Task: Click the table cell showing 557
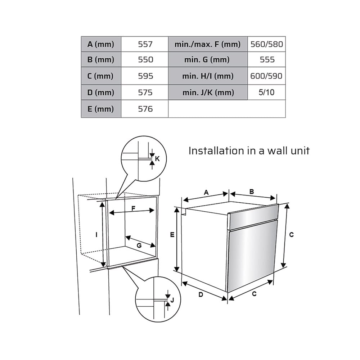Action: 145,44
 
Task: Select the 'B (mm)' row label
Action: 101,59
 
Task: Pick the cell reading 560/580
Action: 266,44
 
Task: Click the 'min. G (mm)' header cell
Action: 208,59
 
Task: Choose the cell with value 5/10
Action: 266,92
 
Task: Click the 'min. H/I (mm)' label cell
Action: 208,76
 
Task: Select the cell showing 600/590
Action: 266,76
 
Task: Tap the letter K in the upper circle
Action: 157,159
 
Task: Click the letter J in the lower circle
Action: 172,300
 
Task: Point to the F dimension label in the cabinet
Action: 134,208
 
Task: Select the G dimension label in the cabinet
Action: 139,246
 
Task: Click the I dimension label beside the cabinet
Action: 96,235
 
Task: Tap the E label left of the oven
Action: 172,235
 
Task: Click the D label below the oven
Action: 201,294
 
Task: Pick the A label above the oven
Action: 206,192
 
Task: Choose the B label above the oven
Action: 252,192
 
